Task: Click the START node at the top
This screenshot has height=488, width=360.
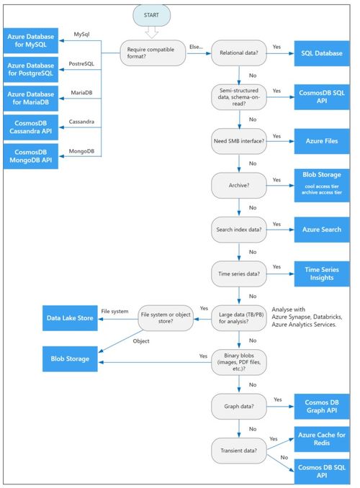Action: pos(152,14)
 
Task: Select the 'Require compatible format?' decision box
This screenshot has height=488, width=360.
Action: pos(152,53)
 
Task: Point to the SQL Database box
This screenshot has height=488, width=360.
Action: pos(322,53)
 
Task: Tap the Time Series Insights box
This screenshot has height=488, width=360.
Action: pos(322,274)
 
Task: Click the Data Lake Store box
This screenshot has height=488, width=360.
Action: pos(70,317)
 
